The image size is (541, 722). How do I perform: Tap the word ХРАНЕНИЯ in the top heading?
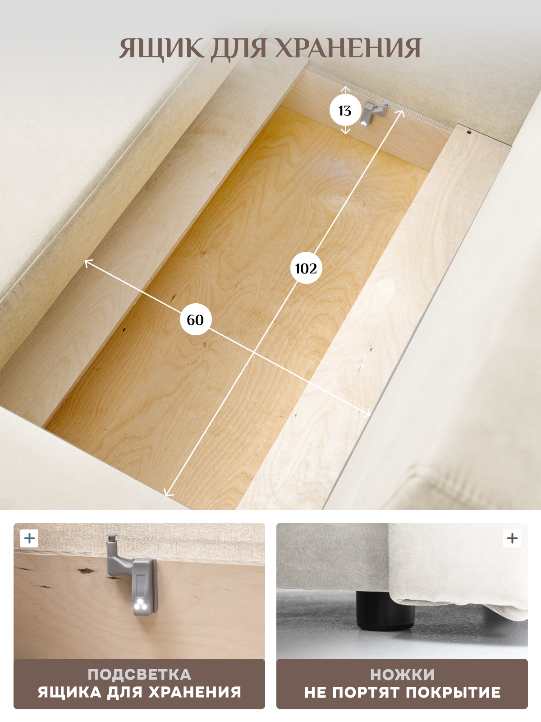click(x=348, y=48)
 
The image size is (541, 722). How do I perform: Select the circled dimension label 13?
click(x=344, y=111)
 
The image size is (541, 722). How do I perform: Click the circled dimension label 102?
click(x=306, y=268)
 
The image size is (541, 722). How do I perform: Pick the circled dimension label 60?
click(x=196, y=320)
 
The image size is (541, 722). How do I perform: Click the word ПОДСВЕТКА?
click(x=139, y=675)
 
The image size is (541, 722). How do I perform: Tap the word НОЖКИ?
click(x=402, y=675)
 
